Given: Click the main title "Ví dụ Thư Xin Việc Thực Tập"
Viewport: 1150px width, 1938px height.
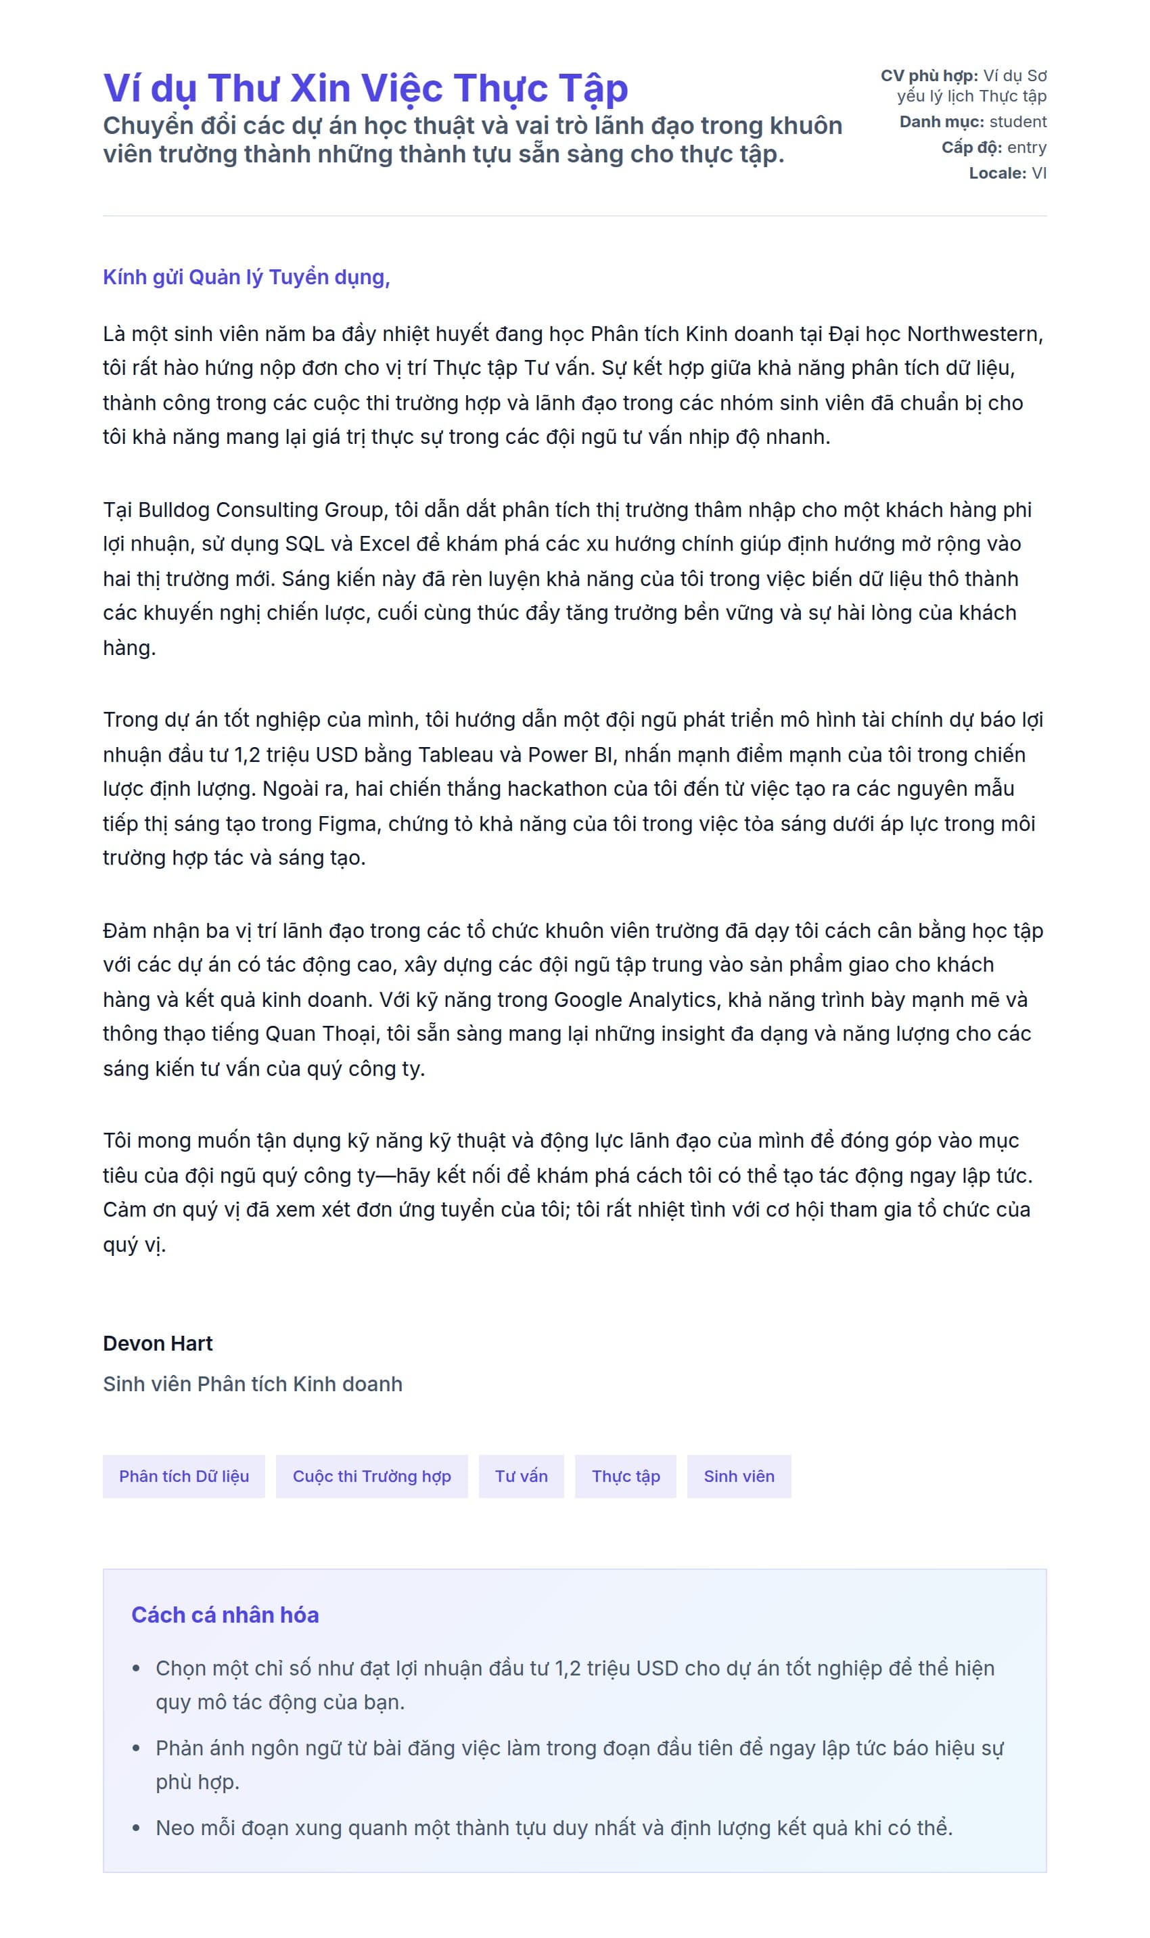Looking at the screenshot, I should pos(365,89).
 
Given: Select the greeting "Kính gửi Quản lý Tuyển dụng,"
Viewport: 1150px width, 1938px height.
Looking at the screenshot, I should pos(246,277).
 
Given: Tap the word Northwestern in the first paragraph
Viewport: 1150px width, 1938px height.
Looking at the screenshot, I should pos(974,334).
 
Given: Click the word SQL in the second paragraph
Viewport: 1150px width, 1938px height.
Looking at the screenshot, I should pos(304,544).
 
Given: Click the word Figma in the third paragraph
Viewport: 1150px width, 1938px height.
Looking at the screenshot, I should pos(348,824).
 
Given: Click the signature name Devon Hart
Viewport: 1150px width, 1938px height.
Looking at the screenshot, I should pos(158,1343).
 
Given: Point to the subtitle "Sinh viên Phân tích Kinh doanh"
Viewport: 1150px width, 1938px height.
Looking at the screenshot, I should pos(252,1384).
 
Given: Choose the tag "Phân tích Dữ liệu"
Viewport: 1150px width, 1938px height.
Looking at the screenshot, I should pos(183,1477).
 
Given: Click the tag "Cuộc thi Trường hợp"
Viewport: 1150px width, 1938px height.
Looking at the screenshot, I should pos(371,1477).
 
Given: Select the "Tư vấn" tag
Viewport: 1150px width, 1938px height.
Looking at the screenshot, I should pos(521,1477).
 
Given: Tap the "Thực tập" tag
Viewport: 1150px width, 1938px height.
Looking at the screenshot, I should pos(625,1477).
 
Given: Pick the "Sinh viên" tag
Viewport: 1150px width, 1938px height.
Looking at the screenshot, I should pos(739,1477).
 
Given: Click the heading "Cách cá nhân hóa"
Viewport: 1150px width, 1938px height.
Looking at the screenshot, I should pos(225,1615).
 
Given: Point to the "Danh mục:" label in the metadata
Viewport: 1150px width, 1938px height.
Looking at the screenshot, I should pos(942,122).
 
